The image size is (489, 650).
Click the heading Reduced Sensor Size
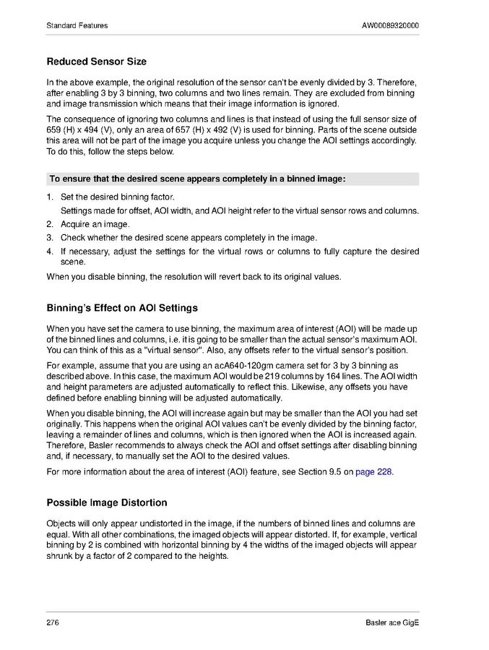[96, 61]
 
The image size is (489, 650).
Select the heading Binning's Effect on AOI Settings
[122, 308]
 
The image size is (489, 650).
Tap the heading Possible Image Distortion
[106, 503]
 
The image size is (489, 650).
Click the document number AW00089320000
[390, 26]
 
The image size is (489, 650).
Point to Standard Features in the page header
[77, 26]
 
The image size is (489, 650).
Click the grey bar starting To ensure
[232, 179]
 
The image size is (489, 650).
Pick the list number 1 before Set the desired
[50, 197]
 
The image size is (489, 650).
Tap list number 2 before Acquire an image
[50, 224]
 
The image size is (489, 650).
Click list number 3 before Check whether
[50, 237]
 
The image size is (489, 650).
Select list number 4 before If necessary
[50, 251]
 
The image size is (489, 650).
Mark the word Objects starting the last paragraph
[62, 523]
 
